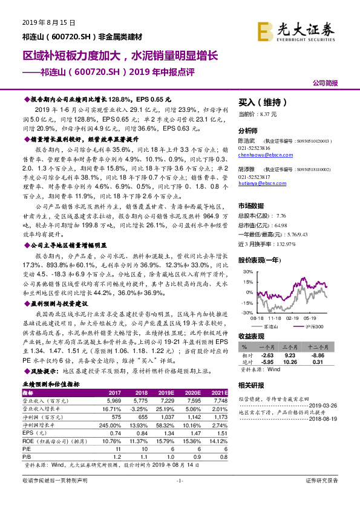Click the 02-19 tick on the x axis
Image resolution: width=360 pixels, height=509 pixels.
[292, 317]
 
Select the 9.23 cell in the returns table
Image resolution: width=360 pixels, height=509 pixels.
[288, 355]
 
